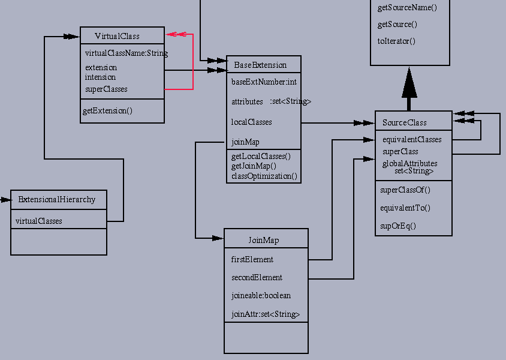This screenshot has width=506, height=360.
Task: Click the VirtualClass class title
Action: point(117,36)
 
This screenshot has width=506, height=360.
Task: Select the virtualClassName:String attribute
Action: point(126,53)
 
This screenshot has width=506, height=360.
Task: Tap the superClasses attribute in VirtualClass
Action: point(106,89)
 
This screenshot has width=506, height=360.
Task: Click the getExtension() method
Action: point(108,111)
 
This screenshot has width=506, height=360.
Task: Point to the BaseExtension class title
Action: point(260,65)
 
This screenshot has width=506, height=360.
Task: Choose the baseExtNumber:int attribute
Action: point(264,82)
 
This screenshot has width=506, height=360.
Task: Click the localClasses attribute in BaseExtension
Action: point(252,122)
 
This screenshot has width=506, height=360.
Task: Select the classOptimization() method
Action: point(264,176)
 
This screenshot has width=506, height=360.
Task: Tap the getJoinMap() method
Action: point(254,166)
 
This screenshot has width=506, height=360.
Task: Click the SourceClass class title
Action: point(405,123)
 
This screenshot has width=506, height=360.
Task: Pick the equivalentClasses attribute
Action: point(412,140)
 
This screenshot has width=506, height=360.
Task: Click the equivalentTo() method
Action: point(405,208)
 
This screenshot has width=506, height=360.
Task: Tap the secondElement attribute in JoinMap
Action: point(257,278)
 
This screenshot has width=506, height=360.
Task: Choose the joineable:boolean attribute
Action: point(261,296)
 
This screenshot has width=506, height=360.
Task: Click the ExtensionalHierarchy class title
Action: point(56,200)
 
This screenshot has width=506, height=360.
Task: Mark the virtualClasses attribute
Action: point(39,221)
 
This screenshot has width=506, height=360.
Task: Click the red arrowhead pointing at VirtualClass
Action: point(174,34)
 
